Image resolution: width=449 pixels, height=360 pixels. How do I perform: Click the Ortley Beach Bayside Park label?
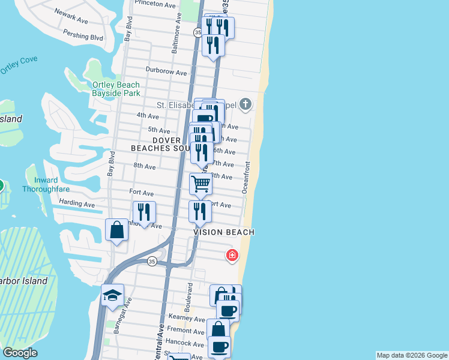tap(116, 89)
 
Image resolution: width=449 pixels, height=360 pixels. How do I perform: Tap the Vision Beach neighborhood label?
tap(224, 232)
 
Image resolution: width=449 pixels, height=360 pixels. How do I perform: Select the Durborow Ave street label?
tap(166, 72)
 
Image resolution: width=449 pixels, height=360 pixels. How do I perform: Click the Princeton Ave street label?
tap(155, 4)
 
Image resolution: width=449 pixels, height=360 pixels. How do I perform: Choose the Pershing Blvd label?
tap(83, 36)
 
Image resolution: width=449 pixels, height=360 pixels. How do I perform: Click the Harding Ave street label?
tap(77, 204)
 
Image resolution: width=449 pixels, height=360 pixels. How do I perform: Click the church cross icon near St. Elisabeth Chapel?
tap(245, 105)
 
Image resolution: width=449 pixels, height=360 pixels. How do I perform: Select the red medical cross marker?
tap(232, 256)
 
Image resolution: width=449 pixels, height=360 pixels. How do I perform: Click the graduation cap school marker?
tap(112, 295)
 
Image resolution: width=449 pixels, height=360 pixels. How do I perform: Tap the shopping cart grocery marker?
tap(200, 183)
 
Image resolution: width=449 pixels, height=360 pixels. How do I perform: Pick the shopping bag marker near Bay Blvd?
tap(116, 230)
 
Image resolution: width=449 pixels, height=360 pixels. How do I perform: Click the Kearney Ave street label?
tap(187, 317)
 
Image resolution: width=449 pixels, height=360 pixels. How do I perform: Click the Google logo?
tap(20, 353)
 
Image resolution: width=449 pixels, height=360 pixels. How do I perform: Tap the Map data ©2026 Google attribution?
tap(412, 355)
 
